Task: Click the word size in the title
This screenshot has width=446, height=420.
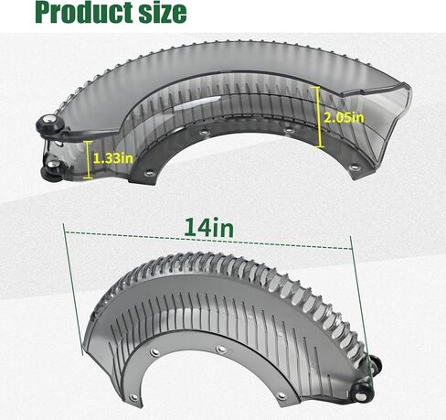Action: point(159,13)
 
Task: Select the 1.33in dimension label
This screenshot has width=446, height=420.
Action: point(113,158)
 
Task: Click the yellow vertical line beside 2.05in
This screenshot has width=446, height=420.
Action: point(320,117)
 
